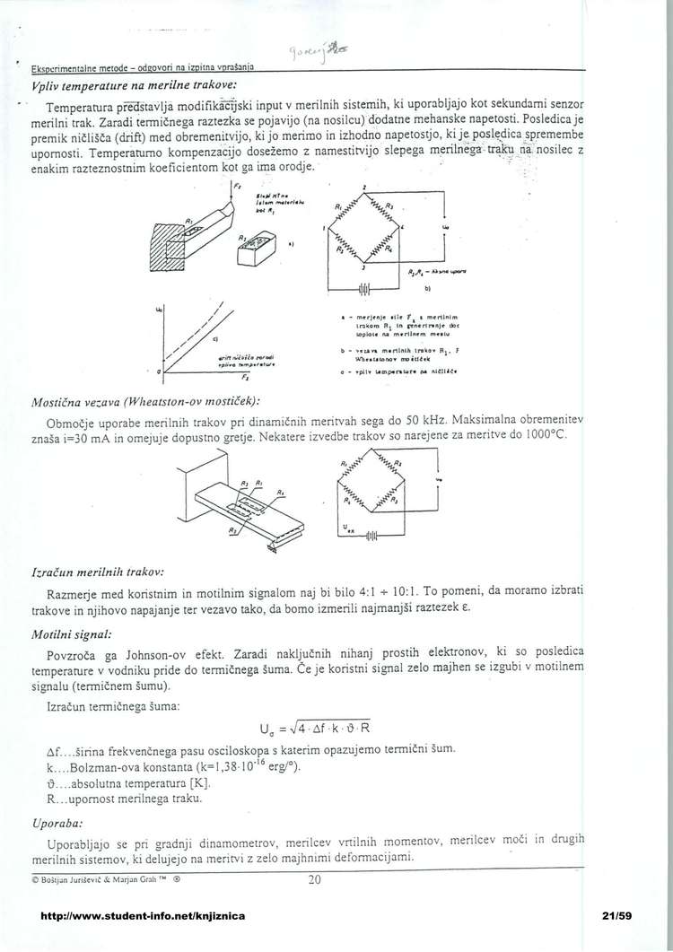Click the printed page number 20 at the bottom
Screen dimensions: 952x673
coord(313,879)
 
